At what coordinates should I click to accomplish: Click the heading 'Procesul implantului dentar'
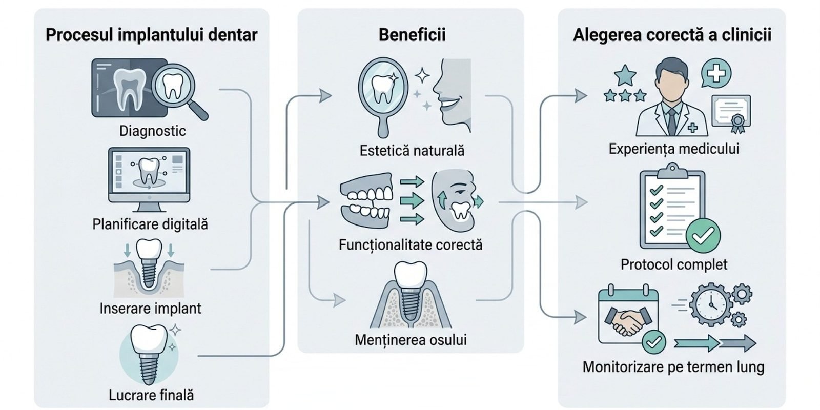[151, 35]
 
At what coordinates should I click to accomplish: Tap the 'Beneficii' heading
[412, 35]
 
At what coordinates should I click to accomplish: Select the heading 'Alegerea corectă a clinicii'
[672, 35]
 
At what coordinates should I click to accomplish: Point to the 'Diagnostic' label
[152, 131]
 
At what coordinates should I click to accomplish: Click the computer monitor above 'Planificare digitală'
[149, 176]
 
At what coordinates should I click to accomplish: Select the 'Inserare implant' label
[150, 308]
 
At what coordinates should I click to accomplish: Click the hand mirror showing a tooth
[382, 90]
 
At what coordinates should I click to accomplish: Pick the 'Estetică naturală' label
[412, 151]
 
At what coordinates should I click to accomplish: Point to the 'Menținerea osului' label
[411, 340]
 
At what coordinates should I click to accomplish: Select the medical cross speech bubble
[716, 75]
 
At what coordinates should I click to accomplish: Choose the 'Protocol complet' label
[673, 264]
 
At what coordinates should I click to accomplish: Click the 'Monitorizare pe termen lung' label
[673, 367]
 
